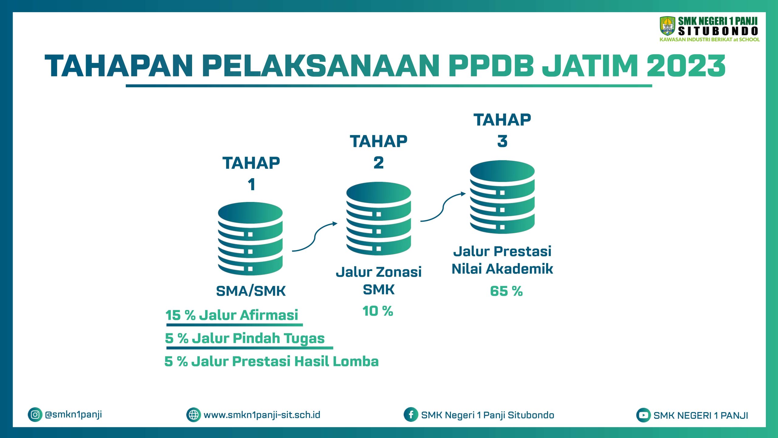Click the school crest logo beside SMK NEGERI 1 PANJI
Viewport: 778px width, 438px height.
[668, 26]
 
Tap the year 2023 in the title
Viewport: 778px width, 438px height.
[686, 66]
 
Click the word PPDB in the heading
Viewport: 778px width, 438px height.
[491, 66]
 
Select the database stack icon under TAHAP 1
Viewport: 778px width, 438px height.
[250, 239]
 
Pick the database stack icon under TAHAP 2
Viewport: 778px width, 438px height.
[379, 218]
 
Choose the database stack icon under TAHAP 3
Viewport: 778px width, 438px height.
[502, 197]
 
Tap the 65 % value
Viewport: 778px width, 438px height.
[506, 291]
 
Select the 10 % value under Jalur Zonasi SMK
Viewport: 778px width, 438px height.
[378, 311]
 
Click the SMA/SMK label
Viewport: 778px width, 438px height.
[251, 291]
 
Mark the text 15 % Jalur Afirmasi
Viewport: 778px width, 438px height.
[232, 315]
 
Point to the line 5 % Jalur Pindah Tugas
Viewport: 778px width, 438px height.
[245, 339]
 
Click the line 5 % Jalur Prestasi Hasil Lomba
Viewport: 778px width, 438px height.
[271, 361]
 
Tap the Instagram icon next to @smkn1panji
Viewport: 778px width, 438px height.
[35, 415]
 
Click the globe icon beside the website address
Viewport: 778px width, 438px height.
[194, 415]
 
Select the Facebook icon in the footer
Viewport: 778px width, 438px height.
[411, 415]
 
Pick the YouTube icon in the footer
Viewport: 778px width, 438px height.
[643, 415]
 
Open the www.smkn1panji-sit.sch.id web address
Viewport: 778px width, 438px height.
[262, 415]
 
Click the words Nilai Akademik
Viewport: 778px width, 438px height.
[502, 269]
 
